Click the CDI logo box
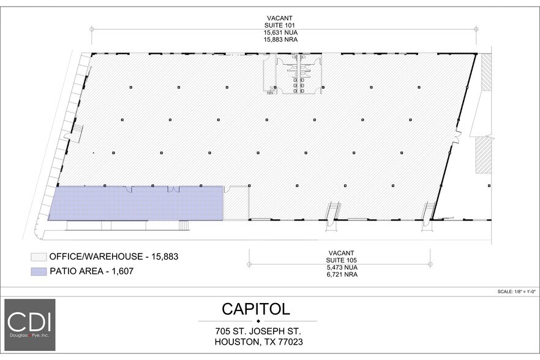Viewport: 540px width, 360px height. pyautogui.click(x=30, y=324)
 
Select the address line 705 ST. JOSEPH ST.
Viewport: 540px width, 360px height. pyautogui.click(x=258, y=331)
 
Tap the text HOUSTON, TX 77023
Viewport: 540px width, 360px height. pyautogui.click(x=258, y=342)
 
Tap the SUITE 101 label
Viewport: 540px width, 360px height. pyautogui.click(x=284, y=25)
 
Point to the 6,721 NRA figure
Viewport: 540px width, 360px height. pyautogui.click(x=342, y=275)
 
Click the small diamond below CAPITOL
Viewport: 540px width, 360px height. pyautogui.click(x=258, y=321)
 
